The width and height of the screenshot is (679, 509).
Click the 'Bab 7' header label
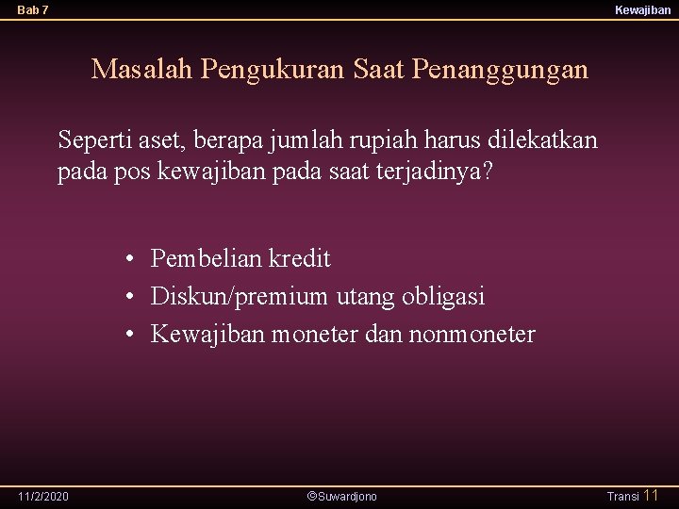pos(33,9)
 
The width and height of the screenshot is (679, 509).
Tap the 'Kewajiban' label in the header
pos(642,9)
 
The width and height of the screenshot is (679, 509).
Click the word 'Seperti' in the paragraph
pos(91,140)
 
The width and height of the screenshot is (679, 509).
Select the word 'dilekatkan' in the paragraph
pos(542,140)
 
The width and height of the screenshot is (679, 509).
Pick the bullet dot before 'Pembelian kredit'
pos(131,259)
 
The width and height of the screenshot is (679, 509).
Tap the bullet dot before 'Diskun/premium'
pos(131,297)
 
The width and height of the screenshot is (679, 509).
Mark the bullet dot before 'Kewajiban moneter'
pos(131,335)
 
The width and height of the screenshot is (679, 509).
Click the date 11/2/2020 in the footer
pos(43,496)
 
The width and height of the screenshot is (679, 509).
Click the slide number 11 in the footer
pos(651,495)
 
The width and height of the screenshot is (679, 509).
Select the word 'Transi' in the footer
pos(622,496)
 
